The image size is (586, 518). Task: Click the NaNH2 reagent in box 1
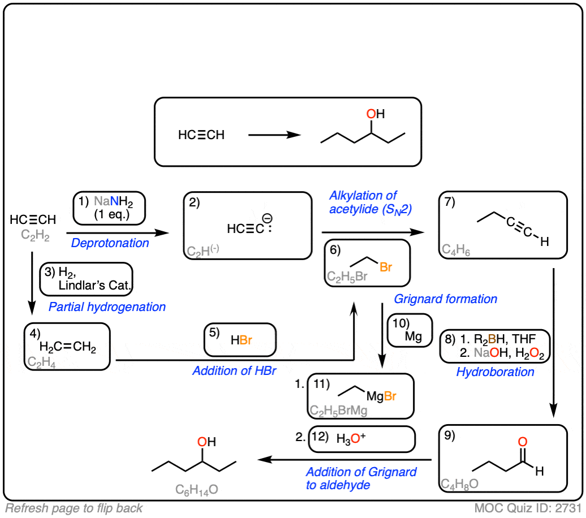113,202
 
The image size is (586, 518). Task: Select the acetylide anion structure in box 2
249,225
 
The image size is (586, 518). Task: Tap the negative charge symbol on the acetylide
267,218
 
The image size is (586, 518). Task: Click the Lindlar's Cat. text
94,286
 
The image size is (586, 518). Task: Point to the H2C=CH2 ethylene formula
68,347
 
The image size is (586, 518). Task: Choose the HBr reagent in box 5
242,340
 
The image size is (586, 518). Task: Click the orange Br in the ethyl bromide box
386,267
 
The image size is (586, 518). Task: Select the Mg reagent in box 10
413,336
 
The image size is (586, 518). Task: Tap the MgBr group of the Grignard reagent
381,396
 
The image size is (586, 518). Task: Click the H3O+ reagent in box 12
351,438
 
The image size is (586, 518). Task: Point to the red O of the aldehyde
523,442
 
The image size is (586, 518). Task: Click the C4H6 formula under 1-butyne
455,249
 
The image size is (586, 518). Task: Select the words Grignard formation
446,299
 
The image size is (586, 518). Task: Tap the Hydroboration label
495,372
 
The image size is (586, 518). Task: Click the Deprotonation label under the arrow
110,243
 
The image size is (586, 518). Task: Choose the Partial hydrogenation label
107,307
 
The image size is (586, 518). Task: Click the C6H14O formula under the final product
197,490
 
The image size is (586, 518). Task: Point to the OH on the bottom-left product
206,442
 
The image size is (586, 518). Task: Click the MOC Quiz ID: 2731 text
528,508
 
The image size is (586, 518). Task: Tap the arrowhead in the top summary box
294,135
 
